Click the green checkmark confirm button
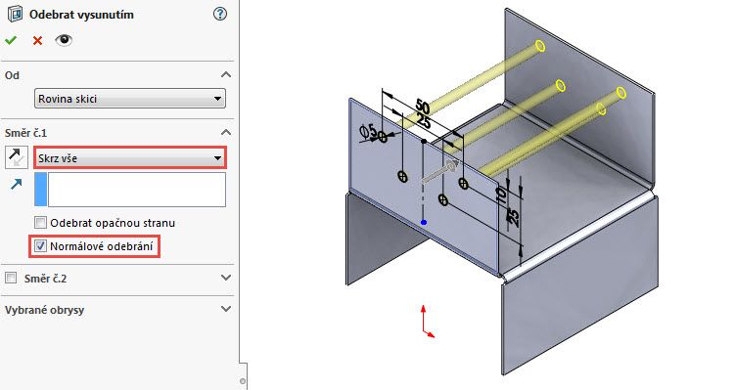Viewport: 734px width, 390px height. pos(11,40)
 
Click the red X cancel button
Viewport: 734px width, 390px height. pos(37,40)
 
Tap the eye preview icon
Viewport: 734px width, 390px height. pos(63,40)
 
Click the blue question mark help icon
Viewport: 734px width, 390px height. pos(219,15)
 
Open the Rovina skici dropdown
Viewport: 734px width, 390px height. pos(129,99)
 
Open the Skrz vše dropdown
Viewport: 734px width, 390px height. pos(129,157)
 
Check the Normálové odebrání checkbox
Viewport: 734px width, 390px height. pos(40,246)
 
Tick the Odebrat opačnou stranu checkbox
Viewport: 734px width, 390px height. pos(40,223)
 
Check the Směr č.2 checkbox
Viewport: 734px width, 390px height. pos(11,279)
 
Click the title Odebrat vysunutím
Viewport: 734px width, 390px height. pos(82,15)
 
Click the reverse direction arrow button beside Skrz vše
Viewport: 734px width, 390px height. pos(17,156)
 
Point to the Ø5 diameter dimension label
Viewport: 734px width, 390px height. pos(373,133)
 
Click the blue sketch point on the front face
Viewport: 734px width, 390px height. pos(423,222)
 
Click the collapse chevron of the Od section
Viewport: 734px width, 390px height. pos(226,74)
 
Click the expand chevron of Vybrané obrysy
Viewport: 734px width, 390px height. pos(226,309)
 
